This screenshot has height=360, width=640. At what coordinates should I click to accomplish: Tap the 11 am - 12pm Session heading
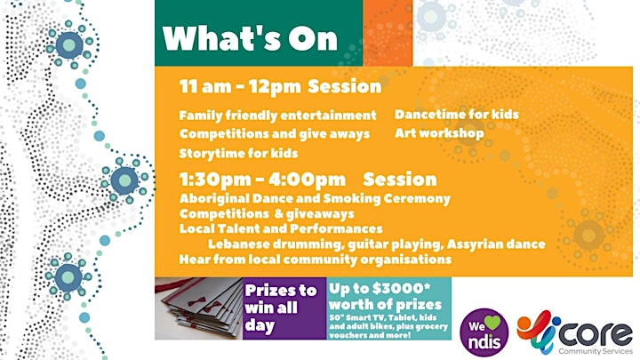click(280, 86)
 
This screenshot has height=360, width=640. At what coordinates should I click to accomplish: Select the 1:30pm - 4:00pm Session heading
click(308, 180)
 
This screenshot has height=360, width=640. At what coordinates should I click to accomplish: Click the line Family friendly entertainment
click(277, 116)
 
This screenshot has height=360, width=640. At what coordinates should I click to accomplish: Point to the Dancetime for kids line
click(457, 115)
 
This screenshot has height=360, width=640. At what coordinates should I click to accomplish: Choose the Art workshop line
click(439, 133)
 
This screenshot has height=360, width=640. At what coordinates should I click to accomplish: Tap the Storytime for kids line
click(238, 154)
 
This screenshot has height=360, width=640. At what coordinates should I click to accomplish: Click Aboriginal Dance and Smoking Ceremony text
click(315, 199)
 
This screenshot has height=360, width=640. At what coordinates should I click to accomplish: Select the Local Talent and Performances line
click(281, 228)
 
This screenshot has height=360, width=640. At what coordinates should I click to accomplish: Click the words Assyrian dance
click(496, 244)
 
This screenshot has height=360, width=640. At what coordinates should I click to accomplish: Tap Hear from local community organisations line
click(315, 260)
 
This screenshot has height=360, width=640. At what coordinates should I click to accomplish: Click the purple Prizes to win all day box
click(284, 308)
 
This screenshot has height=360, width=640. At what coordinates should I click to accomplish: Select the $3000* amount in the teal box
click(401, 288)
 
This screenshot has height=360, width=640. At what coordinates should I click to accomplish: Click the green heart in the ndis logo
click(492, 323)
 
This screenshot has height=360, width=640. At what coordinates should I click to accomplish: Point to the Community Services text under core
click(596, 351)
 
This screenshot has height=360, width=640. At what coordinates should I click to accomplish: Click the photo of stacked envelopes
click(199, 308)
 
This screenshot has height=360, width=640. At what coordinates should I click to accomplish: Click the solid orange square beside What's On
click(388, 33)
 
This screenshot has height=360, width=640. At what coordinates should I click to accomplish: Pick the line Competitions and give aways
click(275, 134)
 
